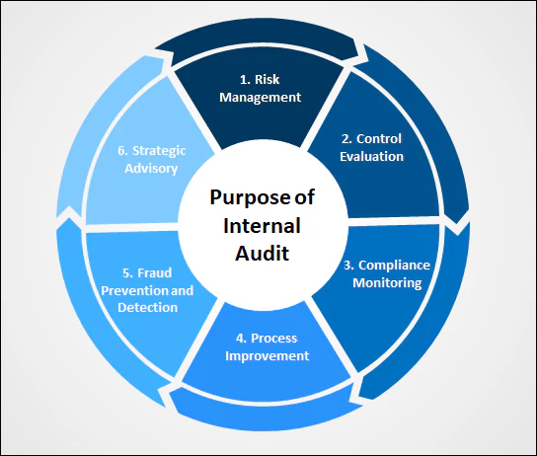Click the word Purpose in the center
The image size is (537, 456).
pyautogui.click(x=255, y=196)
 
